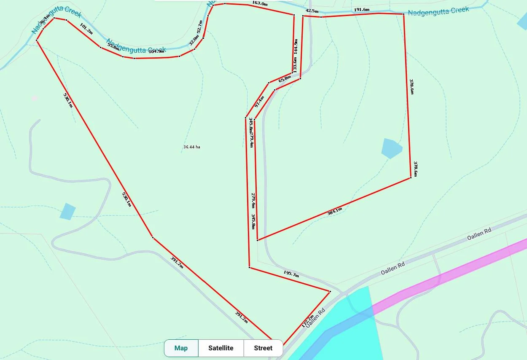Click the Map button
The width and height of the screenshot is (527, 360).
[181, 348]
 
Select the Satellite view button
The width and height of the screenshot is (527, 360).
[220, 348]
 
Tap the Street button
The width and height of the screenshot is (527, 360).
[263, 348]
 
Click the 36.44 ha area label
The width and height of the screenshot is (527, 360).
[191, 147]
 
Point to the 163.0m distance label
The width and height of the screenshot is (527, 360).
[260, 3]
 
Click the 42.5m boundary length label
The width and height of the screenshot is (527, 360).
[312, 11]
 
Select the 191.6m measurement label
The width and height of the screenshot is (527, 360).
[362, 10]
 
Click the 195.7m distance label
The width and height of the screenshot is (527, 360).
[291, 274]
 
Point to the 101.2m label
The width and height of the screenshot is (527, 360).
[86, 30]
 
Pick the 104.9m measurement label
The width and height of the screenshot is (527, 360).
[156, 51]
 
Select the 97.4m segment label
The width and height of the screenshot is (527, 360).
[259, 102]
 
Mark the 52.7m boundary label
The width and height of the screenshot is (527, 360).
[199, 27]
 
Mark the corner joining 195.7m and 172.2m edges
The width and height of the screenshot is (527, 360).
[330, 291]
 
